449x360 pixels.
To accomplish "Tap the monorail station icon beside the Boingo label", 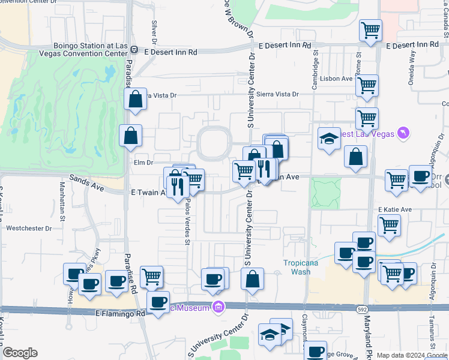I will (x=134, y=50).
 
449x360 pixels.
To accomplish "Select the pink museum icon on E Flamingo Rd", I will (x=218, y=308).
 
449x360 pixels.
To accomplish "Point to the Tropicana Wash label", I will (x=301, y=266).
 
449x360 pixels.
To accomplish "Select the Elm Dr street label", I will (x=144, y=162).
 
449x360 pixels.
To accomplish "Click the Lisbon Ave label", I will (x=338, y=79).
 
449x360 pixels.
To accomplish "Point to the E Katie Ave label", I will (x=395, y=209).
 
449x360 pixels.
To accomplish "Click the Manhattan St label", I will (x=62, y=198).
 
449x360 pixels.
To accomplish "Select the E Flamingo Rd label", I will (x=120, y=313).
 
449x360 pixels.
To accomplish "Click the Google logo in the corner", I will (x=20, y=353).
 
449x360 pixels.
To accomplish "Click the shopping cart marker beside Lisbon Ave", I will (x=366, y=85).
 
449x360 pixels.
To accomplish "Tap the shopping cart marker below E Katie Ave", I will (x=389, y=226).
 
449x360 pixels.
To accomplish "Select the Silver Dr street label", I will (x=154, y=34).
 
